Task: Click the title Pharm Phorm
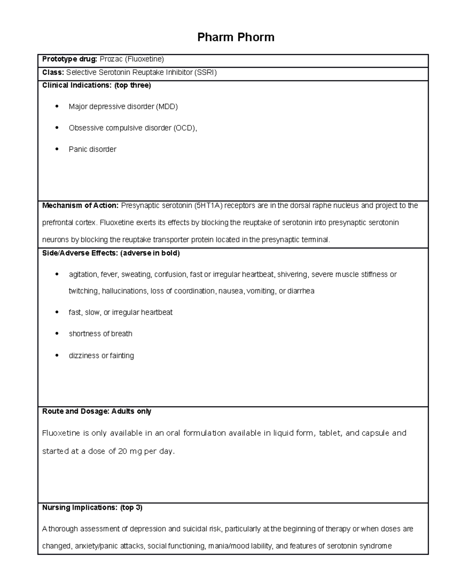(236, 37)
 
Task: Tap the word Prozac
(111, 59)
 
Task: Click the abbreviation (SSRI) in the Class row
(205, 72)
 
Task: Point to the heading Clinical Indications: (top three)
(96, 85)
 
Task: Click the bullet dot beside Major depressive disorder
(57, 106)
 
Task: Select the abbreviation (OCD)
(185, 128)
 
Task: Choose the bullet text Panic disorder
(92, 149)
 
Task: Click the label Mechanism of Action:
(80, 206)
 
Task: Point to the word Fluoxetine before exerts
(117, 222)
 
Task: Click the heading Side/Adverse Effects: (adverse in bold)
(111, 253)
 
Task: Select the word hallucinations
(124, 291)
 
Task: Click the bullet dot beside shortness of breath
(57, 334)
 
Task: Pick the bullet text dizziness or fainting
(101, 356)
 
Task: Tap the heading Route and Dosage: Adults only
(96, 411)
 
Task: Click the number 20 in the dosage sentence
(123, 451)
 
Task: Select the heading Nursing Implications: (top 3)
(92, 507)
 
